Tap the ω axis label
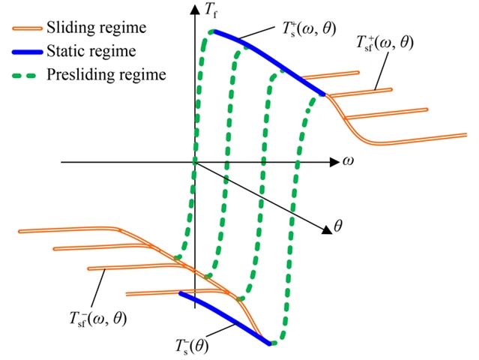(348, 161)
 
